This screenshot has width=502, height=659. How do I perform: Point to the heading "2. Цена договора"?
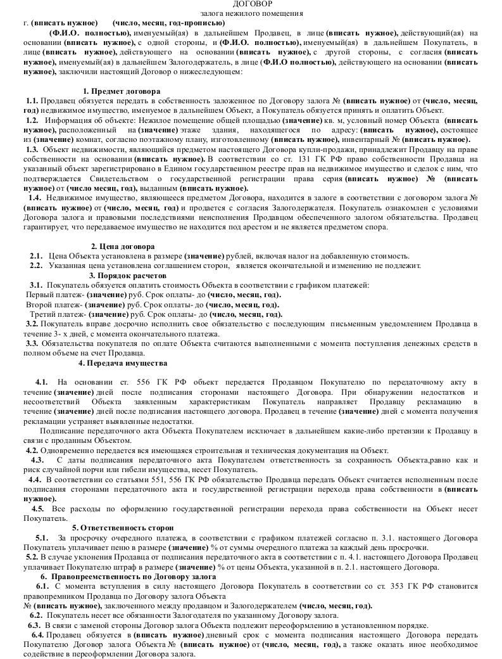123,246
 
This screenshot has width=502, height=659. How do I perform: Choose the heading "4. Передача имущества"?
123,363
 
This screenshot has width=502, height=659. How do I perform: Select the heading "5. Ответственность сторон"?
123,527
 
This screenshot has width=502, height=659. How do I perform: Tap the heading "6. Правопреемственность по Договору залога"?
125,577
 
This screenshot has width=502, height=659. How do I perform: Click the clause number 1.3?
32,149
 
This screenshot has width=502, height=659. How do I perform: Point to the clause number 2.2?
36,266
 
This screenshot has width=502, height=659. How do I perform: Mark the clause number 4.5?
38,508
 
